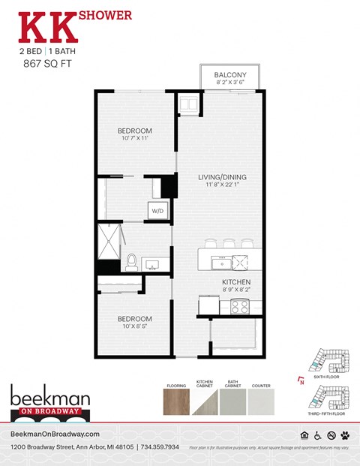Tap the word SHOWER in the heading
[106, 14]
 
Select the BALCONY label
[230, 74]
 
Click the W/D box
[158, 210]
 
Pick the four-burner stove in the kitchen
[241, 305]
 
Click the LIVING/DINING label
[222, 178]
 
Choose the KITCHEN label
[235, 282]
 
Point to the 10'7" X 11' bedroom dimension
[135, 138]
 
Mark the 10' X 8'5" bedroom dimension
[135, 326]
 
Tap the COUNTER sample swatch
[262, 402]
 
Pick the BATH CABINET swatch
[233, 402]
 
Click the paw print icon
[345, 435]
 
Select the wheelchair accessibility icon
[318, 435]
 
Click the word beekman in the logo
[49, 396]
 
